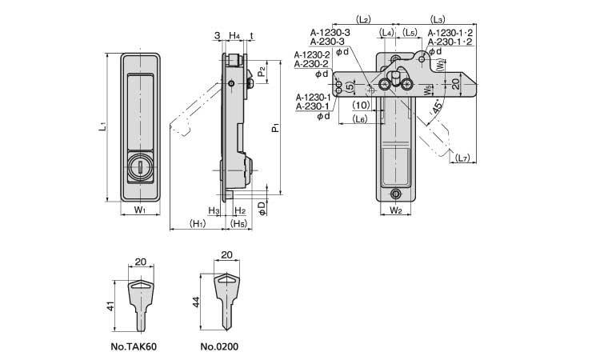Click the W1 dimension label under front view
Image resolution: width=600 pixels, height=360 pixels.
[x=139, y=210]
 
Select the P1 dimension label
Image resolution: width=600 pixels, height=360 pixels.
[x=274, y=126]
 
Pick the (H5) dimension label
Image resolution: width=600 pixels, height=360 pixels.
[x=238, y=223]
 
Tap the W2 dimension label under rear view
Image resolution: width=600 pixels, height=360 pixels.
[x=395, y=210]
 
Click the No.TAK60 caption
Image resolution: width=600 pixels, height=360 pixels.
[x=135, y=347]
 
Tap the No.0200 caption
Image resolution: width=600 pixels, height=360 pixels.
[x=219, y=347]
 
